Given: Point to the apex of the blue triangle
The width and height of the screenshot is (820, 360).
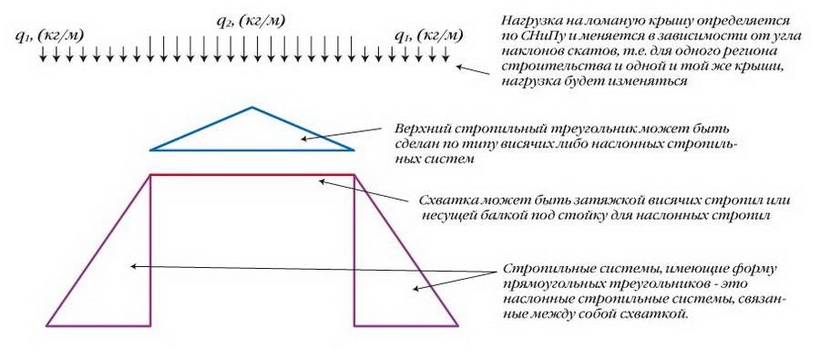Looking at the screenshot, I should [x=252, y=108].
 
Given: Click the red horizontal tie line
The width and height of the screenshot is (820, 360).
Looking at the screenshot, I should [x=251, y=174].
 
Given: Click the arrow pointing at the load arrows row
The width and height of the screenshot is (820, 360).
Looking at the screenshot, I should [x=473, y=70].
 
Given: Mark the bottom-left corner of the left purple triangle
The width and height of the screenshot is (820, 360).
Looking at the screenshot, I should [x=47, y=324].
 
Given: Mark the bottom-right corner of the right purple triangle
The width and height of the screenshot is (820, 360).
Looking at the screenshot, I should [x=456, y=324].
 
